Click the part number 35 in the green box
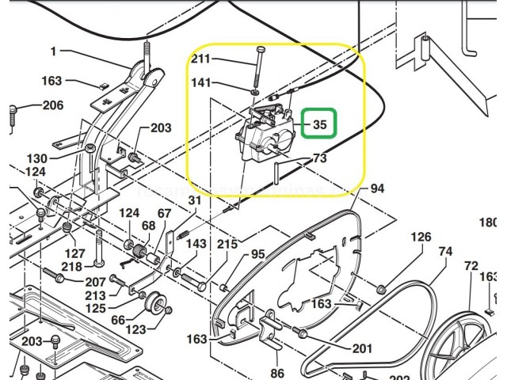[320, 124]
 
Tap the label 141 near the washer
[202, 82]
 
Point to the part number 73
[319, 158]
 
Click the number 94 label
[377, 188]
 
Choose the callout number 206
[52, 105]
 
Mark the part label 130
[36, 158]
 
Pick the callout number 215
[227, 244]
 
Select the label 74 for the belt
[445, 252]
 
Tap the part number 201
[361, 349]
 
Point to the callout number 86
[276, 372]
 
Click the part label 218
[72, 267]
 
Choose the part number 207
[95, 282]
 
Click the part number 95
[257, 254]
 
